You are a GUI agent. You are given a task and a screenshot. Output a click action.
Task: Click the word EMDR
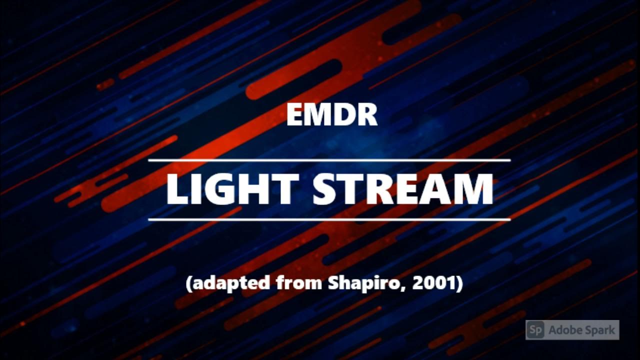pos(331,115)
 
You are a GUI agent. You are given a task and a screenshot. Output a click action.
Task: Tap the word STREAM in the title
pos(403,189)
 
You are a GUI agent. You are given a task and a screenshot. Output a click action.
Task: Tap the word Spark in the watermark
pos(599,330)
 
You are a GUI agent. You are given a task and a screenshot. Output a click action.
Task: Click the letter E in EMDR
pos(295,115)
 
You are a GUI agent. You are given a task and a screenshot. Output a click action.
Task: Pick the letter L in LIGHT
pos(176,189)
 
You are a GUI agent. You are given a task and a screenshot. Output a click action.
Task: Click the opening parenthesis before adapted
pos(189,284)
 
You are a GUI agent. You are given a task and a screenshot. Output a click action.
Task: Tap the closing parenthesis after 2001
pos(459,284)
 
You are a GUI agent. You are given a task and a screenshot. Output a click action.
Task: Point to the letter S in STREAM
pos(324,189)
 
